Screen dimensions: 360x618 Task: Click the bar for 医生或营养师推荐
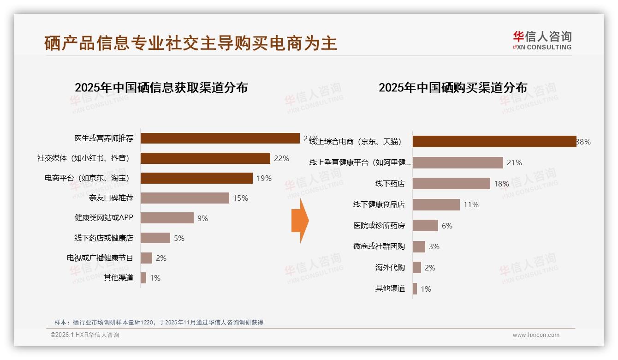coord(220,138)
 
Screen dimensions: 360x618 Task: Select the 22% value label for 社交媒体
coord(281,158)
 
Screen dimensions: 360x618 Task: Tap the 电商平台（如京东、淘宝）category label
coord(87,178)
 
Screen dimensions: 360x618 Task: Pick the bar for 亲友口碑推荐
coord(184,198)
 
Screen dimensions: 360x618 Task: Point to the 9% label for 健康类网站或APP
coord(202,218)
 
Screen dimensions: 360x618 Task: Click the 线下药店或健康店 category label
coord(103,238)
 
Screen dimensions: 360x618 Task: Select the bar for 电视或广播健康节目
coord(146,258)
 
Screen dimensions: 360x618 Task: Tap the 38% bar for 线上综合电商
coord(494,142)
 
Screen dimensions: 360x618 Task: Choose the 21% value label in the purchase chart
coord(514,162)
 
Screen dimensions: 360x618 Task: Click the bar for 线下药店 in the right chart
coord(451,184)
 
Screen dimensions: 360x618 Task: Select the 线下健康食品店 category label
coord(379,204)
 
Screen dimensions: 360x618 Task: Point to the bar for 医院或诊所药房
coord(425,226)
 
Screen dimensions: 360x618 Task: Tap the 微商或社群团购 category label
coord(379,246)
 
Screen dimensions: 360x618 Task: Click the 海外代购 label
coord(390,268)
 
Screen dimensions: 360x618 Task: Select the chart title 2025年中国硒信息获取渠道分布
coord(161,87)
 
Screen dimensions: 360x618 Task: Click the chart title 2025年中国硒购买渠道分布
coord(453,87)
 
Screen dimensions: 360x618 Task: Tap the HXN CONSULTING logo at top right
coord(542,41)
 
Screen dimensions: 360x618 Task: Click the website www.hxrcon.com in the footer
coord(536,335)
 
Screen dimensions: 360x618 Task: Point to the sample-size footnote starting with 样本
coord(159,322)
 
